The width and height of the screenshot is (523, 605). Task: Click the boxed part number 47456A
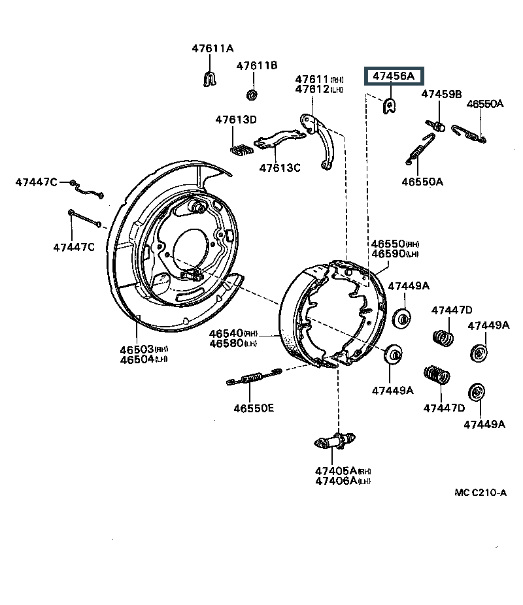coord(394,77)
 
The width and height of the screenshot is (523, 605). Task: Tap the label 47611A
coord(212,48)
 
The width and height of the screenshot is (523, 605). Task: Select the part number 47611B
coord(257,65)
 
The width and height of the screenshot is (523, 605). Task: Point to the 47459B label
coord(441,94)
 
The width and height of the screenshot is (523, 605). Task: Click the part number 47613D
coord(237,120)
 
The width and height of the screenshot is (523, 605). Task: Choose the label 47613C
coord(280,168)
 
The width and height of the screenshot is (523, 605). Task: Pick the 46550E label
coord(254,408)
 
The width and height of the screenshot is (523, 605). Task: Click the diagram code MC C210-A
coord(481,493)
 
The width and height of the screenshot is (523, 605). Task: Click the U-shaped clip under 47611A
coord(209,78)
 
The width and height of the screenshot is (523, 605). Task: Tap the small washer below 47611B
coord(251,95)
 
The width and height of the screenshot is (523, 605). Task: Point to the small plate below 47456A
coord(390,105)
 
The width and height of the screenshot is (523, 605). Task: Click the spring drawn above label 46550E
coord(254,378)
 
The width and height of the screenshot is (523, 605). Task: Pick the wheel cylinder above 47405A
coord(334,442)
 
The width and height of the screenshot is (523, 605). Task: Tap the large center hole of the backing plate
coord(190,247)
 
